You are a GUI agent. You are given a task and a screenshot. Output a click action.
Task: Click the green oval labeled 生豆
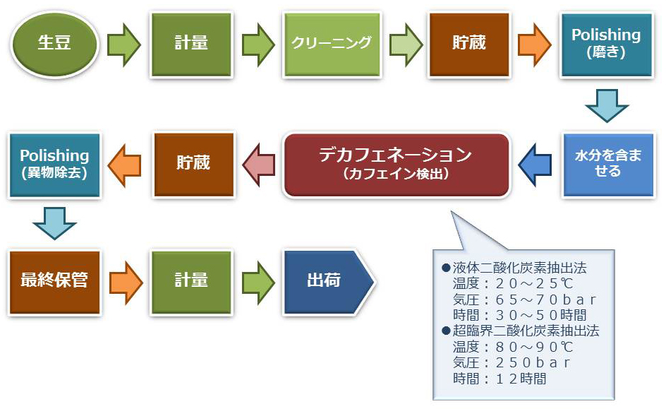[x=54, y=45]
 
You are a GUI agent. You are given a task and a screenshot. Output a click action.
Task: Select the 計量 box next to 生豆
[x=191, y=45]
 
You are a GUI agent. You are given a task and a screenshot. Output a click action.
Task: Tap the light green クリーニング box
[x=332, y=45]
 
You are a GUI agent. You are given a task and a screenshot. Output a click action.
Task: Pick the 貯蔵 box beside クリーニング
[x=469, y=45]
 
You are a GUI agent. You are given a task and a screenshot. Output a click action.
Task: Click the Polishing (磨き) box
[x=606, y=45]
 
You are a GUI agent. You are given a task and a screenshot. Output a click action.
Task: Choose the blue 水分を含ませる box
[x=608, y=165]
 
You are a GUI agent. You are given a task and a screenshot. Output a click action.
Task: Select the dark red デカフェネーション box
[x=396, y=165]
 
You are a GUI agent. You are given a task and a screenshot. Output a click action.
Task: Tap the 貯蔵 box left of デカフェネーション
[x=194, y=165]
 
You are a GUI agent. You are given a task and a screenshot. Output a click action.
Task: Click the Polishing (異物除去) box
[x=54, y=165]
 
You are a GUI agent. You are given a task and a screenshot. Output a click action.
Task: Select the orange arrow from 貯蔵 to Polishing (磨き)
[x=534, y=45]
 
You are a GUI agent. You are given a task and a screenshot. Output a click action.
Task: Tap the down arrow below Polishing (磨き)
[x=607, y=105]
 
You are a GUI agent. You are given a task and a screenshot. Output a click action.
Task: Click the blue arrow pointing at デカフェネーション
[x=535, y=165]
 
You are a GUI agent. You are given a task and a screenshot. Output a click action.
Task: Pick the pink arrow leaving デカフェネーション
[x=259, y=165]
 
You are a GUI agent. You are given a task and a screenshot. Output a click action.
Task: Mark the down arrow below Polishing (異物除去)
[x=55, y=223]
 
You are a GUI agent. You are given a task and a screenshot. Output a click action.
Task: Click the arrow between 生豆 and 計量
[x=124, y=45]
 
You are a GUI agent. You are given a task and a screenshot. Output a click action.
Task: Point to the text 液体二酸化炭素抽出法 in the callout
[x=519, y=268]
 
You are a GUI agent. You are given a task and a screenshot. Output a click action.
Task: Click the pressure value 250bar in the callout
[x=532, y=362]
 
